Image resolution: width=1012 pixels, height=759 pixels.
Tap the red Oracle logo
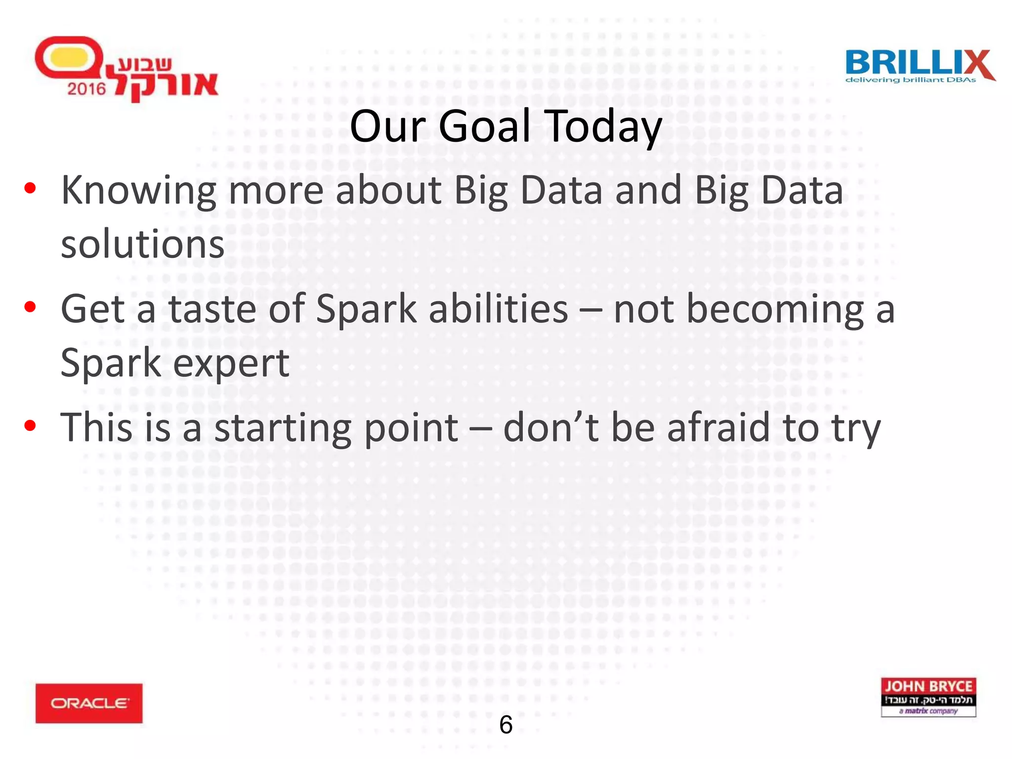coord(89,703)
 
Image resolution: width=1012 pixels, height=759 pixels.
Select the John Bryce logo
coord(928,697)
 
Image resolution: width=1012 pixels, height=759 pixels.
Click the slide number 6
coord(506,724)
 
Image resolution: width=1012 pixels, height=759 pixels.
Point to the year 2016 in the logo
coord(86,89)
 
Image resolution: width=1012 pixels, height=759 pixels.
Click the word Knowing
coord(138,191)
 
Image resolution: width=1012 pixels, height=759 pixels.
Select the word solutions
coord(142,244)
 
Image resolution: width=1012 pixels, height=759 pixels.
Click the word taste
coord(212,309)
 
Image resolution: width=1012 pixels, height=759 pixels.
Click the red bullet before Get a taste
coord(30,307)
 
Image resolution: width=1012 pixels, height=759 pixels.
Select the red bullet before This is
coord(30,425)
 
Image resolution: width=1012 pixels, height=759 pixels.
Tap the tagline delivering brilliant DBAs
coord(911,80)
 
